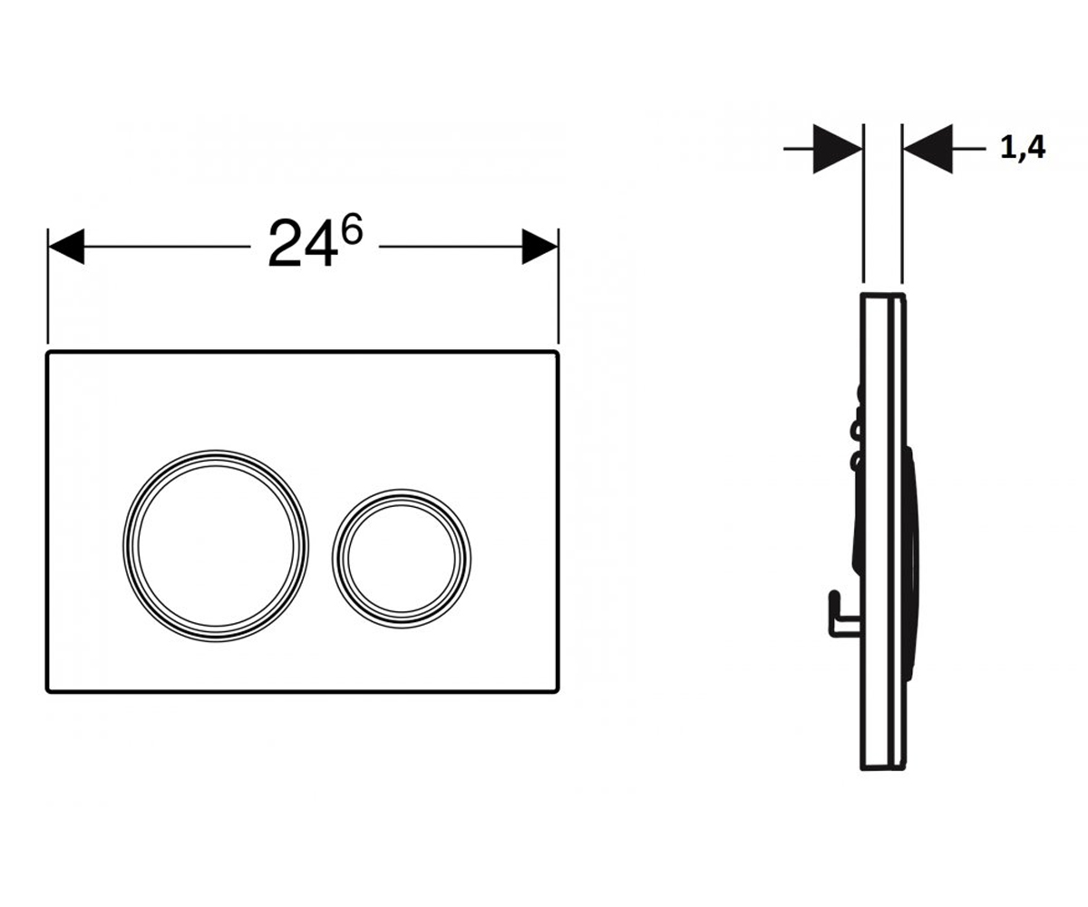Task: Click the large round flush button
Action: coord(216,546)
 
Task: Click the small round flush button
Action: coord(402,559)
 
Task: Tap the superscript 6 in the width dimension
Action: coord(353,229)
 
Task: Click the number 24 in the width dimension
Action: coord(301,243)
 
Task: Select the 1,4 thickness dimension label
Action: coord(1023,149)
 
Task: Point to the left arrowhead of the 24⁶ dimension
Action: coord(65,247)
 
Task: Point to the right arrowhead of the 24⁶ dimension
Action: coord(540,247)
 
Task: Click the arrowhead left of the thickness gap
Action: coord(838,149)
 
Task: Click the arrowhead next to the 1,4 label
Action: coord(928,149)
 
